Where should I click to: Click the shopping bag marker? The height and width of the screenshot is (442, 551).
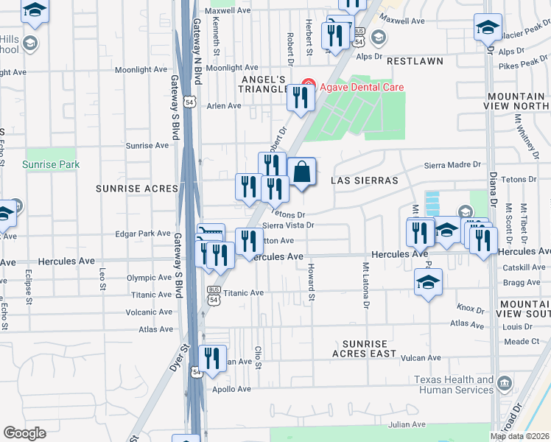pyautogui.click(x=301, y=174)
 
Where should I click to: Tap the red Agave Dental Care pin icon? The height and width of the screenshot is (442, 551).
pyautogui.click(x=309, y=87)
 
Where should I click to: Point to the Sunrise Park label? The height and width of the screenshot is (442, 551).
pyautogui.click(x=51, y=164)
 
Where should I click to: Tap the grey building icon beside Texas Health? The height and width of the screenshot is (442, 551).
pyautogui.click(x=505, y=383)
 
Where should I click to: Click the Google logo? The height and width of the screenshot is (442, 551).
pyautogui.click(x=24, y=432)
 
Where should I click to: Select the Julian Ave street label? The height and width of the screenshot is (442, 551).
pyautogui.click(x=407, y=425)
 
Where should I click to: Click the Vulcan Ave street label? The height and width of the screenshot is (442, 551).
pyautogui.click(x=420, y=358)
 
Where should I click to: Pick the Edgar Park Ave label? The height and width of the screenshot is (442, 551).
pyautogui.click(x=143, y=234)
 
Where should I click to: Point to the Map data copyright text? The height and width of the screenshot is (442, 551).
pyautogui.click(x=519, y=436)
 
